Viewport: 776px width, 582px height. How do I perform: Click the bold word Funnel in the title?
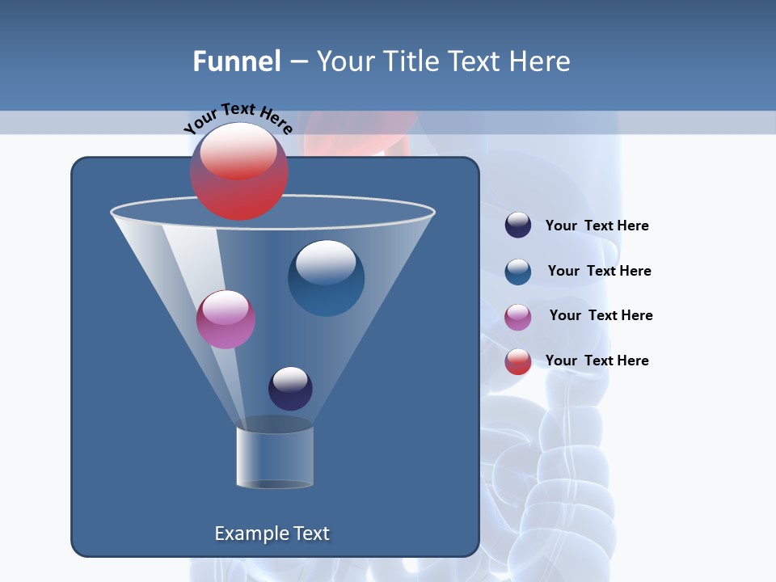coord(237,61)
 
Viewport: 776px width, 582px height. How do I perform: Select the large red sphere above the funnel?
coord(239,171)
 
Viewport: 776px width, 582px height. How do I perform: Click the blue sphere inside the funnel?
coord(326,278)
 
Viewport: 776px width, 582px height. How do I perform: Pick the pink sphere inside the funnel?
coord(226,319)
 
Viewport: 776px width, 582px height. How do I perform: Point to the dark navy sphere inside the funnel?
coord(290,388)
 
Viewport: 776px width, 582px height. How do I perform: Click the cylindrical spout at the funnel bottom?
coord(275,457)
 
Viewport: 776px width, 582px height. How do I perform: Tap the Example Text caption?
coord(272,533)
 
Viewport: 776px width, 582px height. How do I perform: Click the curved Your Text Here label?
coord(238,118)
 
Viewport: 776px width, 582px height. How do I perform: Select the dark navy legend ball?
coord(518,225)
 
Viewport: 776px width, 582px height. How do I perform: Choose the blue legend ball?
coord(518,272)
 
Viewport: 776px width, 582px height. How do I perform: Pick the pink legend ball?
coord(518,317)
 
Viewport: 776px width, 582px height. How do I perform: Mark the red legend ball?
coord(518,361)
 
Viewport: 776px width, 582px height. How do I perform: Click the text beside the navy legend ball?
coord(597,226)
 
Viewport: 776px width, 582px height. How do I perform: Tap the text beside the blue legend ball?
coord(599,272)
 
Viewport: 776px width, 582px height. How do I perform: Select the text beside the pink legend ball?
coord(601,316)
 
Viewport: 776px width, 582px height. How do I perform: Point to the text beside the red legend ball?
coord(597,361)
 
